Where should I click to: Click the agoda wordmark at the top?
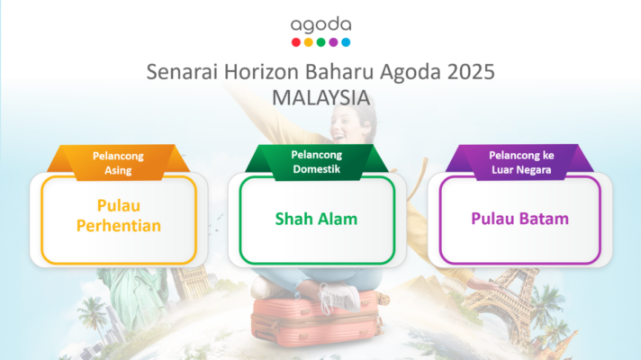(320, 25)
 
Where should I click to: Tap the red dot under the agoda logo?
(296, 42)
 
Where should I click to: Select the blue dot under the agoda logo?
(346, 42)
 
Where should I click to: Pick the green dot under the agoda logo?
(320, 42)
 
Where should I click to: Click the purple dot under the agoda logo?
(334, 42)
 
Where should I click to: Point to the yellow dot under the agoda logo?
(309, 42)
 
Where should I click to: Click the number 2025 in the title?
(471, 72)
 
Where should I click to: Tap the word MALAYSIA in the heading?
(320, 98)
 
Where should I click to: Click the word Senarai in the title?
(182, 72)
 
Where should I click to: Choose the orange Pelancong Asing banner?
(118, 163)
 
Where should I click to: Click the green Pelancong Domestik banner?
(316, 162)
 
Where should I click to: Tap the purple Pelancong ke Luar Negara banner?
(520, 162)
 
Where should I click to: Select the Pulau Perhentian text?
(119, 215)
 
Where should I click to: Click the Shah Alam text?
(316, 219)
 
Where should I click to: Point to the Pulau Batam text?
(520, 219)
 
